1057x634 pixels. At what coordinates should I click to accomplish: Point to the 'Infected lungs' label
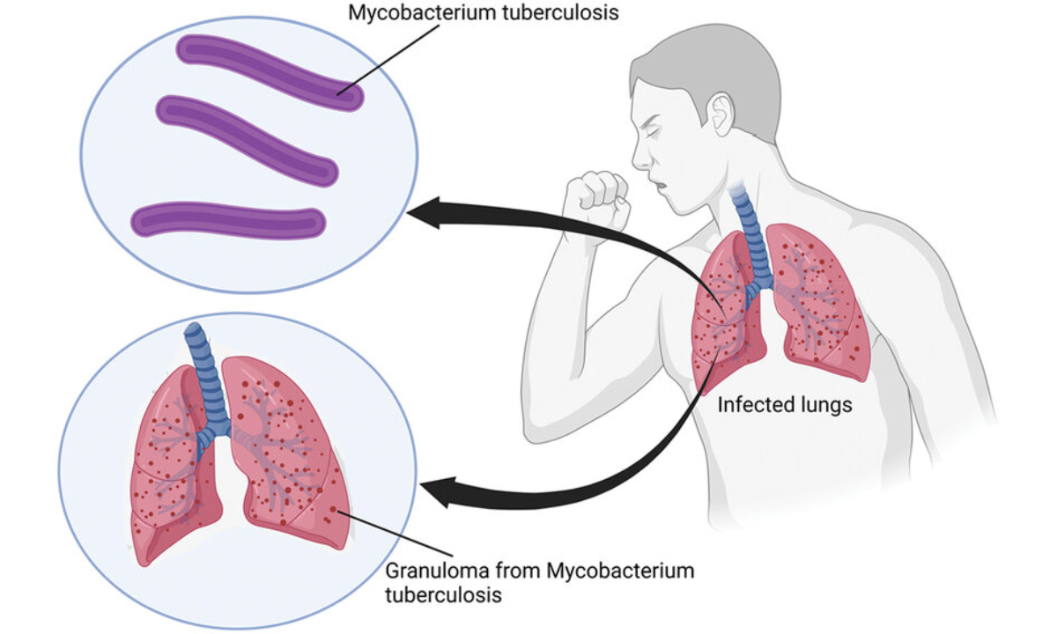point(784,405)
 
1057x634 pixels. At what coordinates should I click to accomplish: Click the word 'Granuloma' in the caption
point(430,571)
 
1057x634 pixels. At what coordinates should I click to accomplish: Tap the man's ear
point(721,114)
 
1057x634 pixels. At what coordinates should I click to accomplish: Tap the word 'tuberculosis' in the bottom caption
point(443,595)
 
